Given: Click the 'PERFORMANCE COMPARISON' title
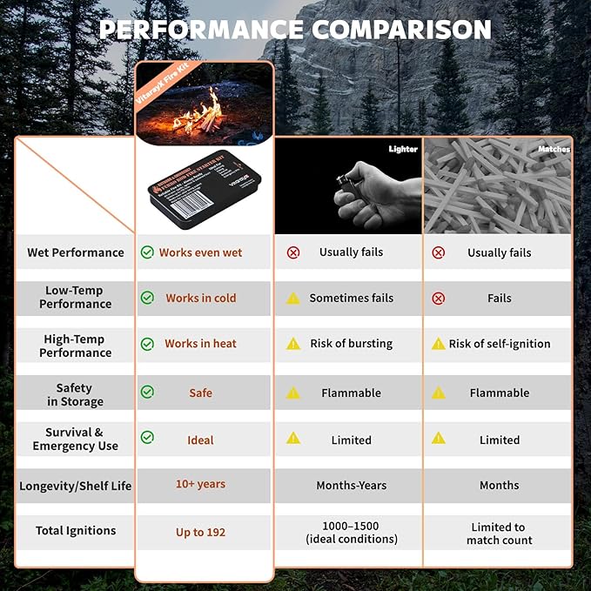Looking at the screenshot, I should pyautogui.click(x=295, y=29).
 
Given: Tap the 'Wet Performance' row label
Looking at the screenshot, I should pyautogui.click(x=76, y=252).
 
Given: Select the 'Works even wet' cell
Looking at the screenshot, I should pyautogui.click(x=200, y=252).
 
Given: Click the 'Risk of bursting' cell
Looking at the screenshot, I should pyautogui.click(x=351, y=344).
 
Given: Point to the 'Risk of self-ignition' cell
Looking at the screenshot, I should pyautogui.click(x=499, y=344).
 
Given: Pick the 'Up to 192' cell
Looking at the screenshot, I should pyautogui.click(x=200, y=532).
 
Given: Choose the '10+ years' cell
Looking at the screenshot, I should pyautogui.click(x=200, y=484).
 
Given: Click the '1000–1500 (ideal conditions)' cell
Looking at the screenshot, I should pyautogui.click(x=351, y=533).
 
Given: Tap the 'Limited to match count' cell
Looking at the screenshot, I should pyautogui.click(x=499, y=533).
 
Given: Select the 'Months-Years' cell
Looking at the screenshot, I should pyautogui.click(x=351, y=485).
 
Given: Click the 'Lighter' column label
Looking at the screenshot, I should pyautogui.click(x=403, y=150).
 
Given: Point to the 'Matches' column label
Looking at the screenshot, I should pyautogui.click(x=554, y=150).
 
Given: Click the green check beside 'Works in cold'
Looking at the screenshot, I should pyautogui.click(x=147, y=298).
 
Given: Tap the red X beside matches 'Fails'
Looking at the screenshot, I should pyautogui.click(x=438, y=298).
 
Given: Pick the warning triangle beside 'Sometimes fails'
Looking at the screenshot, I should pyautogui.click(x=293, y=298).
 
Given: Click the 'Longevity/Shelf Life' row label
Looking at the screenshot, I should pyautogui.click(x=76, y=486).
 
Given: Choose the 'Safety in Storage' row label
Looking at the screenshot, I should pyautogui.click(x=76, y=394).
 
